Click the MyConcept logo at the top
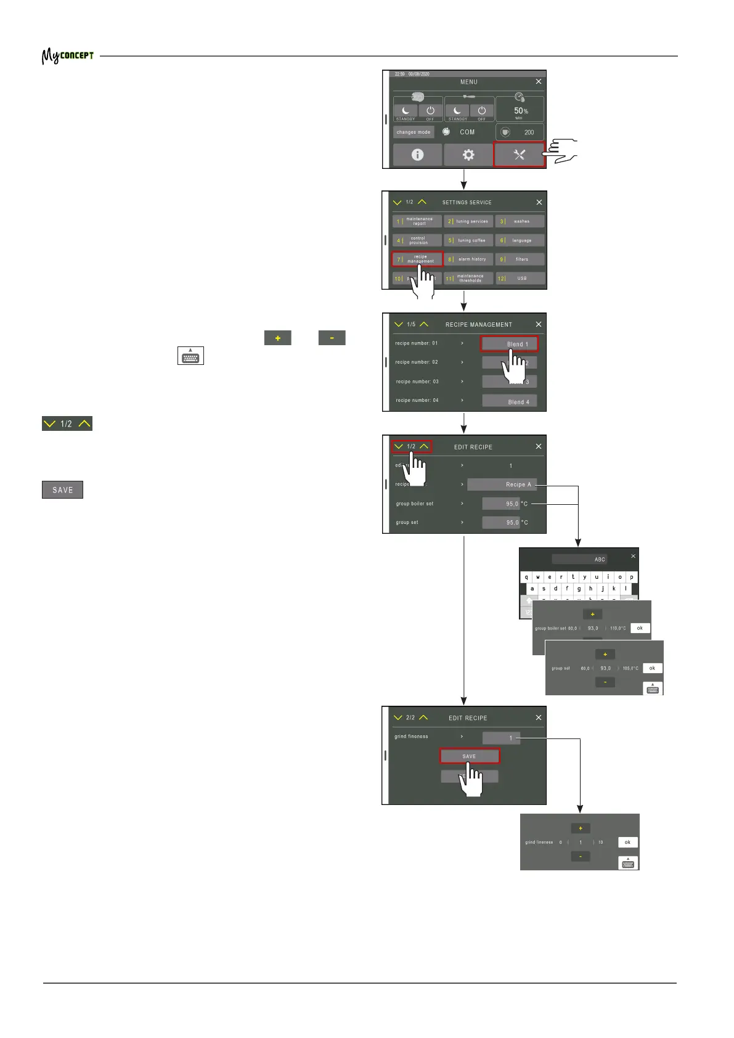[68, 56]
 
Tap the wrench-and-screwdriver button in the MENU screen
[519, 155]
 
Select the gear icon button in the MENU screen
[468, 155]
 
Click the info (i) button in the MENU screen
[417, 155]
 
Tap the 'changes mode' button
[414, 132]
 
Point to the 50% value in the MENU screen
[521, 111]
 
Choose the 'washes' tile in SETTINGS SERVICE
[521, 221]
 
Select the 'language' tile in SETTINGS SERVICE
[521, 240]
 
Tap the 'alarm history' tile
[469, 259]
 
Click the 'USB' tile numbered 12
[521, 279]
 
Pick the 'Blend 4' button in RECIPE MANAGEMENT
[510, 401]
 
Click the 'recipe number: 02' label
[417, 362]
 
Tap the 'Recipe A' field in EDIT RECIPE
[501, 484]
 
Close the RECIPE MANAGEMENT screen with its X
[539, 324]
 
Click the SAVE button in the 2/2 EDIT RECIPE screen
[469, 756]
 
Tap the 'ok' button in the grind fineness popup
[627, 842]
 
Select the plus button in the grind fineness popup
[581, 828]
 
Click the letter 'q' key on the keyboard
[526, 578]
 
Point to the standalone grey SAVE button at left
[62, 490]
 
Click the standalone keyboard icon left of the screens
[190, 356]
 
